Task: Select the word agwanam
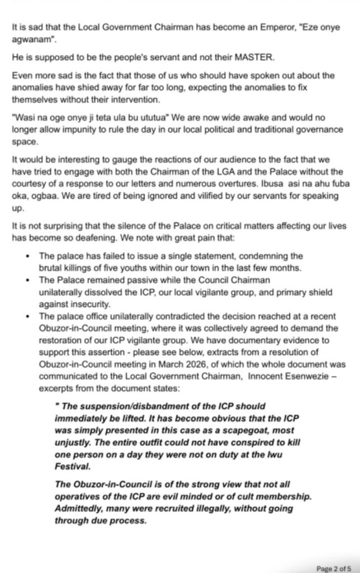(30, 25)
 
